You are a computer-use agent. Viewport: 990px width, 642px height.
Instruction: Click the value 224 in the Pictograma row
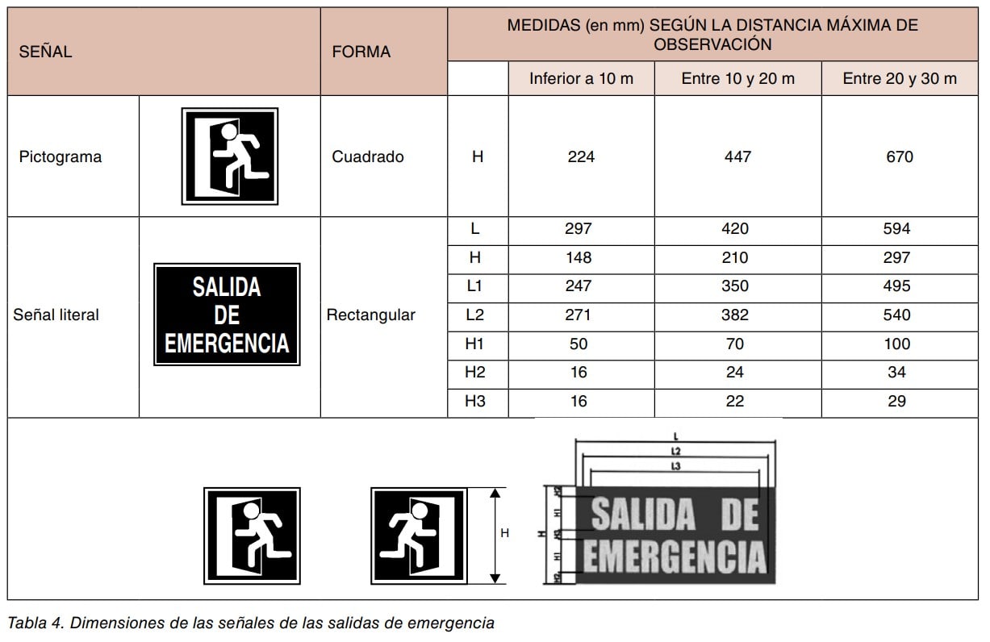[x=581, y=157]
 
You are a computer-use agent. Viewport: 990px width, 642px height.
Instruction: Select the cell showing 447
[x=737, y=157]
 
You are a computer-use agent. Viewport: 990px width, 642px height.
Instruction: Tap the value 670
[x=899, y=157]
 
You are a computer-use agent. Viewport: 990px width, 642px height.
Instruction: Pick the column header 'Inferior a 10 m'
[x=581, y=79]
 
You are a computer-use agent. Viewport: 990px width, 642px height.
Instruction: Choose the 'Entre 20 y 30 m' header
[x=900, y=79]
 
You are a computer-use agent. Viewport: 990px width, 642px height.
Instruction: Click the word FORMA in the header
[x=361, y=52]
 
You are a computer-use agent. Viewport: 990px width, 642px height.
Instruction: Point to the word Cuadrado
[x=367, y=157]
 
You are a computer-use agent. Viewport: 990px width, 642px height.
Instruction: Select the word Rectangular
[x=370, y=315]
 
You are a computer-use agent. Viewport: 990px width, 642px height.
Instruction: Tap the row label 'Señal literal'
[x=56, y=315]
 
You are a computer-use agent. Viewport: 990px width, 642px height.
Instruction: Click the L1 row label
[x=476, y=286]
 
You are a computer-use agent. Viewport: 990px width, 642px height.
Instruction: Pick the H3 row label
[x=476, y=402]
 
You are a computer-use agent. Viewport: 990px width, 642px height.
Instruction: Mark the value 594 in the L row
[x=896, y=229]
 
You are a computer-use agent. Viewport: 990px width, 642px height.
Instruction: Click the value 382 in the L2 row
[x=735, y=315]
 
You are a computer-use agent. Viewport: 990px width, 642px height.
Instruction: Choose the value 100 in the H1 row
[x=896, y=344]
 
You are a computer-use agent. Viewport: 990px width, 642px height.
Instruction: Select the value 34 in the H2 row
[x=896, y=373]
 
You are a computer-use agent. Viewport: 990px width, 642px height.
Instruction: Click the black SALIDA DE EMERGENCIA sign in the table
[x=227, y=315]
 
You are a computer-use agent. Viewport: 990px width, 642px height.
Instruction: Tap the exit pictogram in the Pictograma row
[x=230, y=156]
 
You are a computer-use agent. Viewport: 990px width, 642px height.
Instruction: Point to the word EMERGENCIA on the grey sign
[x=674, y=557]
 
